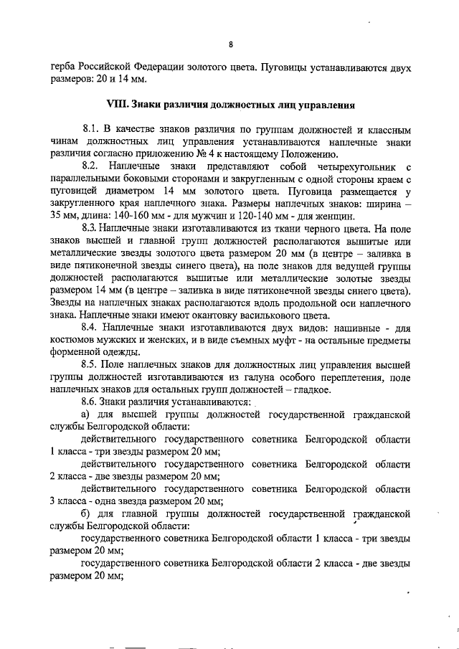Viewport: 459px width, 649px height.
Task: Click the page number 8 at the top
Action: tap(230, 44)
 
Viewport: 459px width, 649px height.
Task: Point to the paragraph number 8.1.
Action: tap(93, 130)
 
